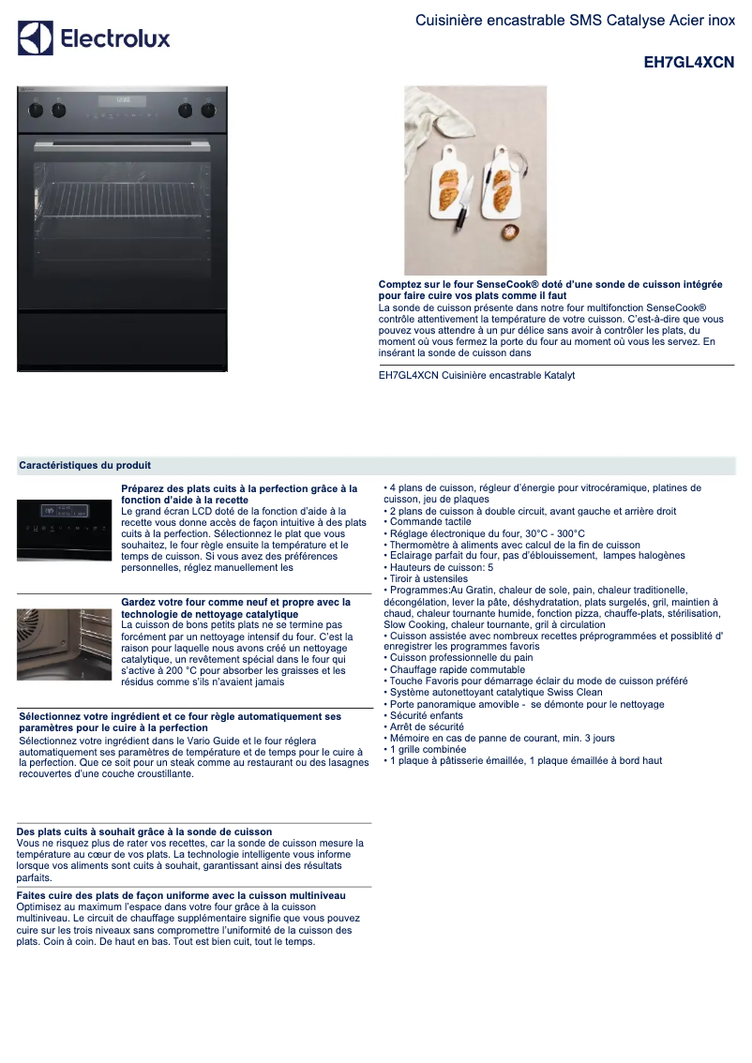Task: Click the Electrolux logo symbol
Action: click(x=36, y=38)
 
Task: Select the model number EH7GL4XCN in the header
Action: click(x=688, y=63)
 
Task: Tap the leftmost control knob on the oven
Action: click(x=37, y=110)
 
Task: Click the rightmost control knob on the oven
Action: click(x=208, y=110)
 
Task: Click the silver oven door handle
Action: click(x=123, y=145)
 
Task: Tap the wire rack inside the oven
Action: click(x=122, y=195)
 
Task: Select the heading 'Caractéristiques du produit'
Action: click(x=85, y=465)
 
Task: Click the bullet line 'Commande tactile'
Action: click(x=430, y=522)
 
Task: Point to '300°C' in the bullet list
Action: click(x=565, y=533)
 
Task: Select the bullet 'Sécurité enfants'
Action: click(x=426, y=715)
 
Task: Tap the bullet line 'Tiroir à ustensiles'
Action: click(x=428, y=579)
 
